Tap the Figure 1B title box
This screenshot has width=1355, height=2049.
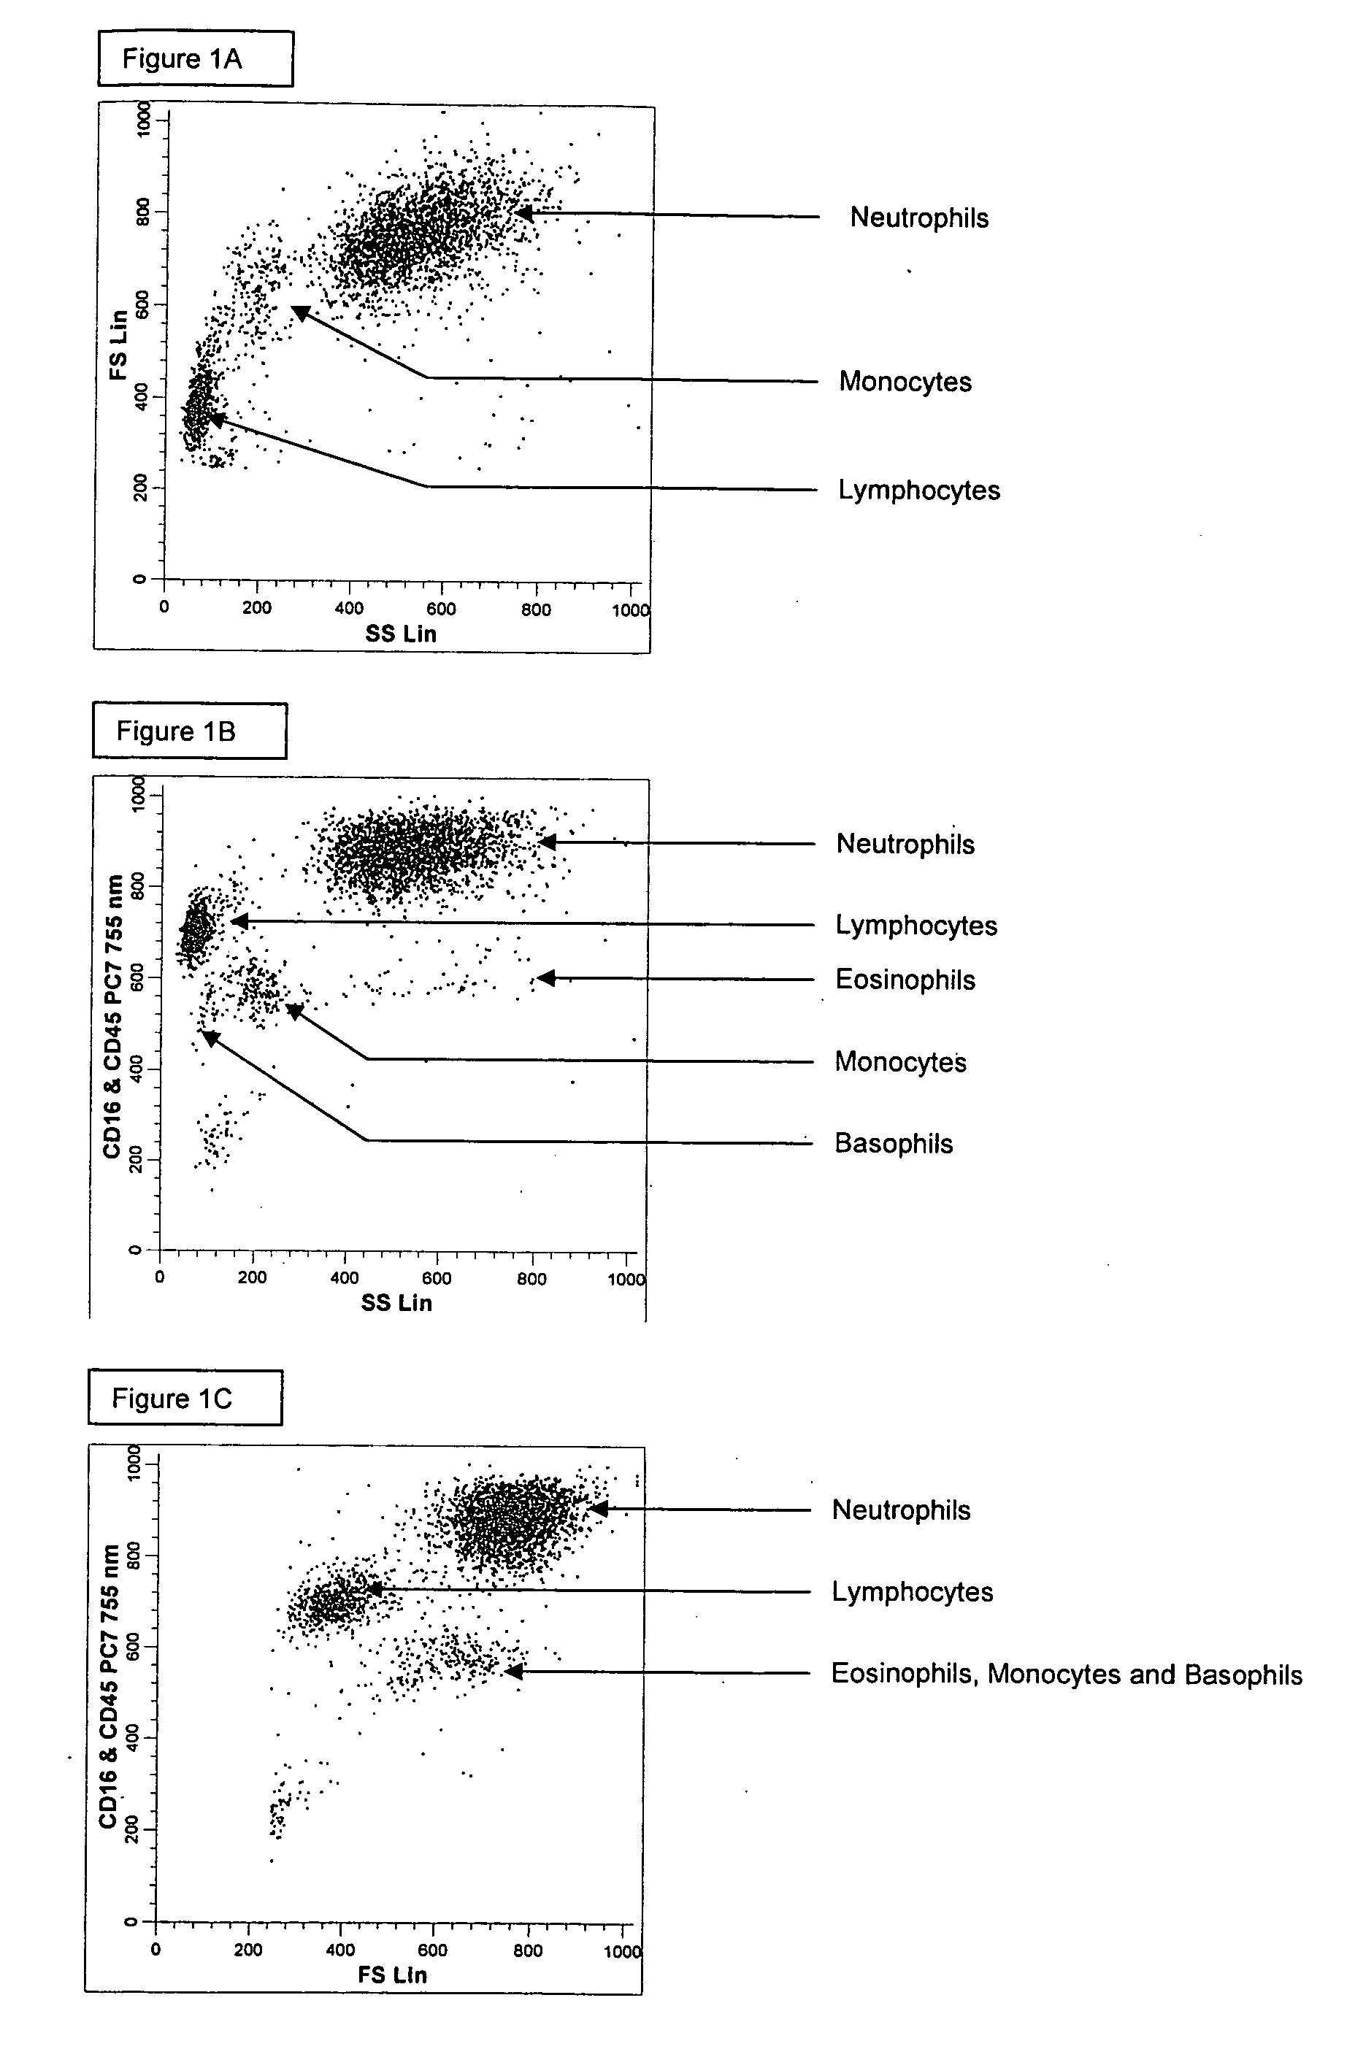[189, 731]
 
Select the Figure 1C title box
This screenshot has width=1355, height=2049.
[184, 1398]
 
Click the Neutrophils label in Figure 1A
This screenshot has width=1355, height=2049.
[918, 218]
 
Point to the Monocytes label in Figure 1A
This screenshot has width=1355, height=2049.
[905, 381]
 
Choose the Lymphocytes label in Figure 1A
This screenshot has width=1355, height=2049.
[918, 490]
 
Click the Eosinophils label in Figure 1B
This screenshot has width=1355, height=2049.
[905, 980]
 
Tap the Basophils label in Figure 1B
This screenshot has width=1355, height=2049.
[894, 1143]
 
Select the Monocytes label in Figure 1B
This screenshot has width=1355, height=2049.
[899, 1061]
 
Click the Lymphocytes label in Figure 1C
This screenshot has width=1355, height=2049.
[912, 1591]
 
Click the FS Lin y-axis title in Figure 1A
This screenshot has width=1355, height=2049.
[118, 345]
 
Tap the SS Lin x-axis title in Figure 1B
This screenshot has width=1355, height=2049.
[396, 1303]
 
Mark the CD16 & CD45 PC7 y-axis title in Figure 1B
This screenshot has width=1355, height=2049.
[112, 1016]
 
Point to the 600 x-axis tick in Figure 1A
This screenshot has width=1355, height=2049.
[441, 609]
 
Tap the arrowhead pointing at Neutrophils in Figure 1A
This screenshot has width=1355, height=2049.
[523, 212]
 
